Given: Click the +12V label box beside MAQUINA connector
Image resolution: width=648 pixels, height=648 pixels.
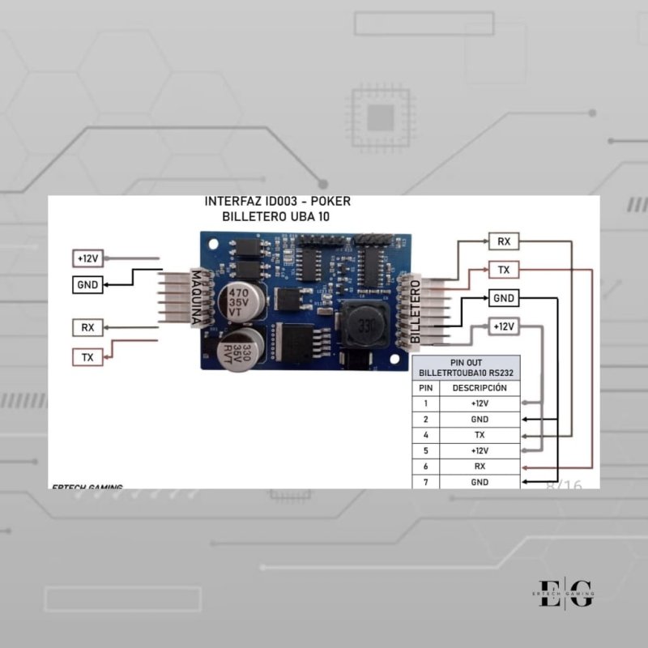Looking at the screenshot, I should click(87, 258).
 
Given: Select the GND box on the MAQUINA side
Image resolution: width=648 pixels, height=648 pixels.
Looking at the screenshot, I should click(87, 285).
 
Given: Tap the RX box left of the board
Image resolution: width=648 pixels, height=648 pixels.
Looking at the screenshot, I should click(87, 327).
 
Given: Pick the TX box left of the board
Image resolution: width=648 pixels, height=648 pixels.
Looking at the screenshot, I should click(87, 356).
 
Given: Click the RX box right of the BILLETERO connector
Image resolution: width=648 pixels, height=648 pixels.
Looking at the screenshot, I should click(504, 241).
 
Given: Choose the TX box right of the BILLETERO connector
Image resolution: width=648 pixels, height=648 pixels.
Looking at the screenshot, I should click(504, 269).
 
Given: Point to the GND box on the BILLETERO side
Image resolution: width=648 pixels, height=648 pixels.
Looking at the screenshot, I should click(504, 298).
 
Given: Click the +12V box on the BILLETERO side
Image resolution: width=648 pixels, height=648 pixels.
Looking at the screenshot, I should click(504, 326).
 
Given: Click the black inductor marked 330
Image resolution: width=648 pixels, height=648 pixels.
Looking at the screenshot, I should click(362, 326).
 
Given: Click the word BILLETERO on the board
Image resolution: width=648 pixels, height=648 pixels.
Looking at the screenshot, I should click(416, 311).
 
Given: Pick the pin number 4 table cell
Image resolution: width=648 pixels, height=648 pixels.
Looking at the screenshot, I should click(426, 435).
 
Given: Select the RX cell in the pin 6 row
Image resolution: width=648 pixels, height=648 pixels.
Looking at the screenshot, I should click(480, 466).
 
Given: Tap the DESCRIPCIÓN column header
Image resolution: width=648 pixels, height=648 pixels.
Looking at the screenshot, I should click(480, 388).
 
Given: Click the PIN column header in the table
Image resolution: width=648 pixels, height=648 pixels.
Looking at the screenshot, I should click(426, 388).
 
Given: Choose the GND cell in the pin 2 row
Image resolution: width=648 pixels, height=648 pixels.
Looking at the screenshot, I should click(480, 419).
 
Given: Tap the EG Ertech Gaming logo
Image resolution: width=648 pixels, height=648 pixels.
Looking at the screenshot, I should click(566, 591).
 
